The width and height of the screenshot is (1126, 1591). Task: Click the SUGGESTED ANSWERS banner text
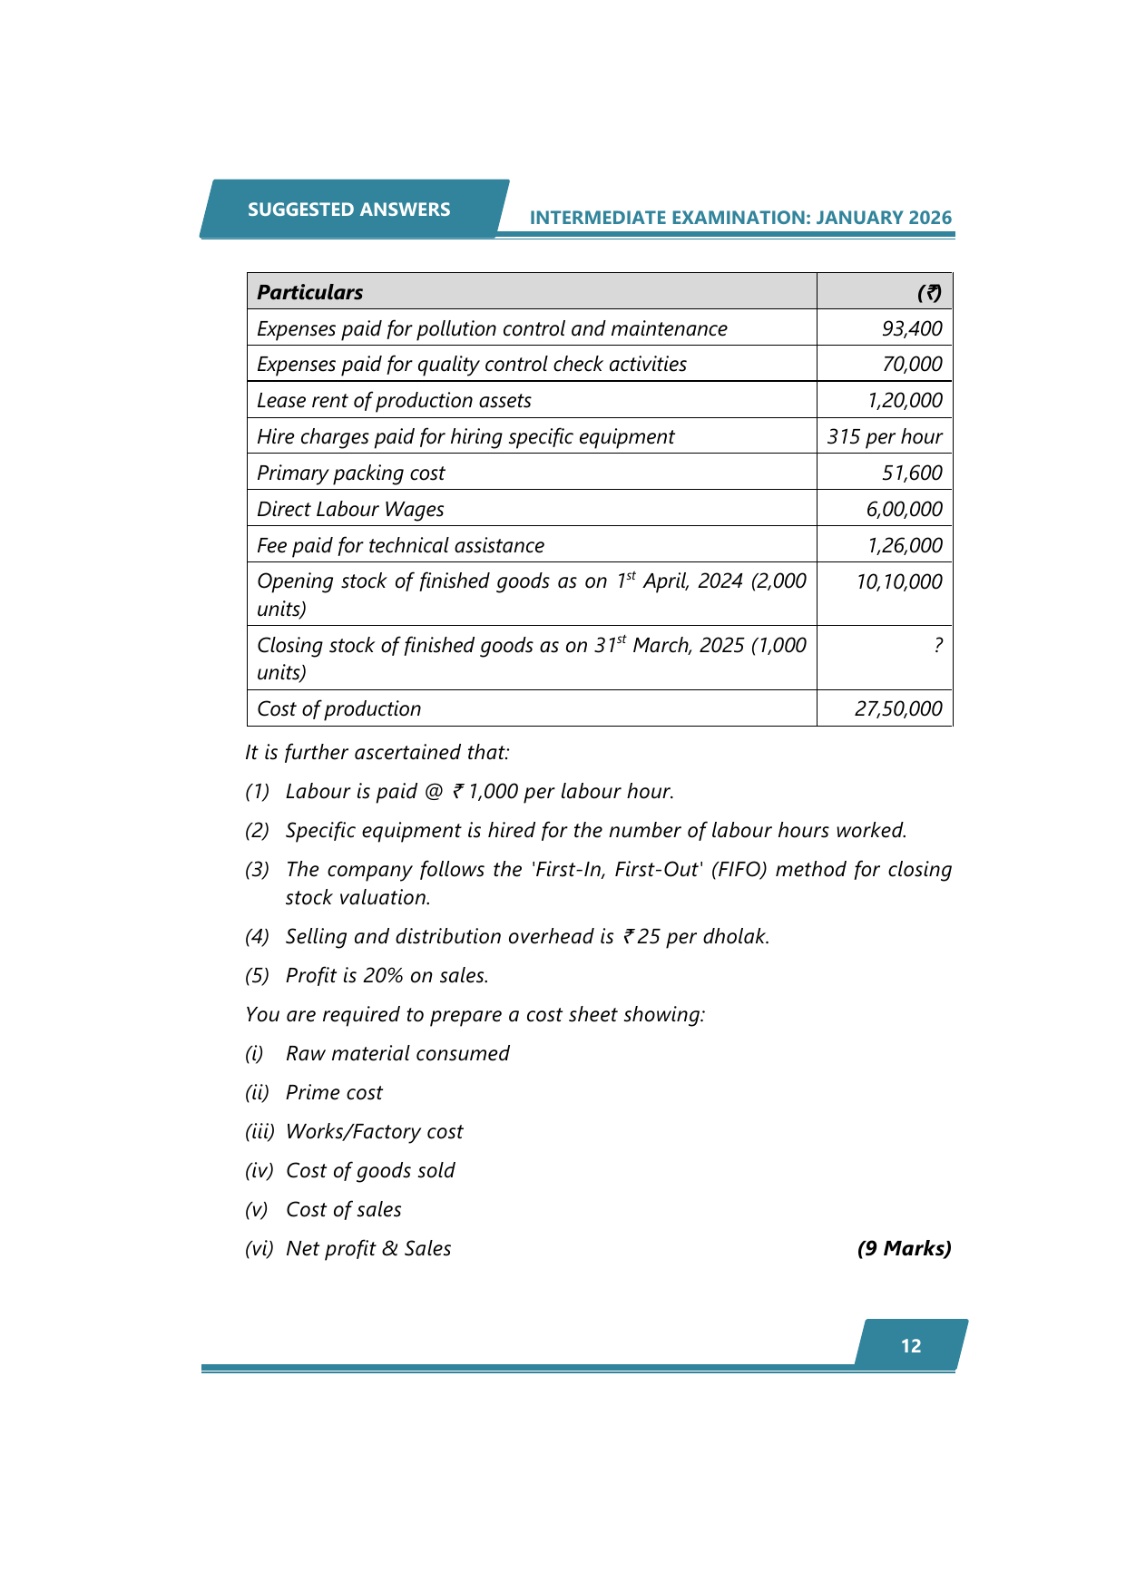point(348,210)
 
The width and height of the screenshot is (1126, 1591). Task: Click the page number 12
point(911,1346)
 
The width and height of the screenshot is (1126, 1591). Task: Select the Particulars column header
point(309,292)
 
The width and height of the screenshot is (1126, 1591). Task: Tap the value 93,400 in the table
point(912,328)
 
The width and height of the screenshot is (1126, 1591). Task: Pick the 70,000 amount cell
point(912,365)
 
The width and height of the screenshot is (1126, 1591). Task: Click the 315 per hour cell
point(884,437)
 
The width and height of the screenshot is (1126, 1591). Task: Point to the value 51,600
point(912,473)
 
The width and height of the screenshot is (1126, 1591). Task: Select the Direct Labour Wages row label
point(350,510)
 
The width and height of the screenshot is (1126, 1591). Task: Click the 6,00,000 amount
point(904,510)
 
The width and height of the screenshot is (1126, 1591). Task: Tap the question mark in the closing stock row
point(937,645)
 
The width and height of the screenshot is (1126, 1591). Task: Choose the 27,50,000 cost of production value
point(898,709)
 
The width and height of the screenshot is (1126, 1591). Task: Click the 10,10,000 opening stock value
point(899,582)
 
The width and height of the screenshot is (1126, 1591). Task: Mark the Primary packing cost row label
point(351,473)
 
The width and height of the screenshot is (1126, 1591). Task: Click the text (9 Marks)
point(904,1249)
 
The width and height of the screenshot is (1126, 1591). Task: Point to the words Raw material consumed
point(397,1054)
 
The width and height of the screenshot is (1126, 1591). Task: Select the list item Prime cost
point(334,1093)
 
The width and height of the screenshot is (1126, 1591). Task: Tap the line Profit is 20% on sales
point(387,976)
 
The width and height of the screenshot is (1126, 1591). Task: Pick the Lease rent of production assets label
point(394,401)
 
